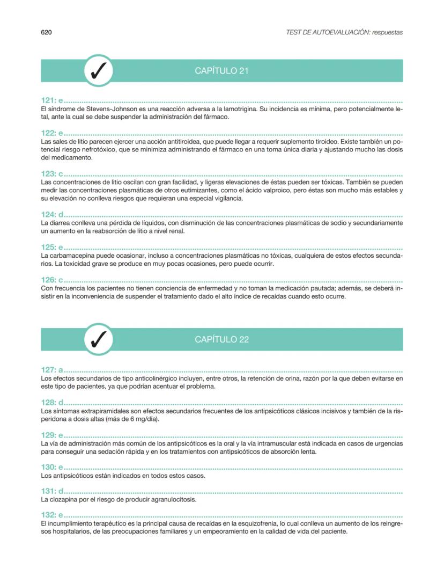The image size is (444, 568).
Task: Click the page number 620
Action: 46,32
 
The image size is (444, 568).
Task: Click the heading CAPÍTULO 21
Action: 221,71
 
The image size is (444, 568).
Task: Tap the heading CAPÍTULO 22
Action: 221,339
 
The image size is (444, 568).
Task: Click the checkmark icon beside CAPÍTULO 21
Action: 99,70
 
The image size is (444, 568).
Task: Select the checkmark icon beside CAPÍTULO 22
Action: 99,339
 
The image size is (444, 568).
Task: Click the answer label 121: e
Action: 52,101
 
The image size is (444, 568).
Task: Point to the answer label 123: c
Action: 52,174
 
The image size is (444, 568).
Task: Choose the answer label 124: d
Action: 52,215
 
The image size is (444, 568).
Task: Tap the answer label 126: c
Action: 52,280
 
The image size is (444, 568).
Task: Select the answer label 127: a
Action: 52,370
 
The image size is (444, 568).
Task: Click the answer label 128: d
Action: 52,403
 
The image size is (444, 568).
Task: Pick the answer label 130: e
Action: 52,468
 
